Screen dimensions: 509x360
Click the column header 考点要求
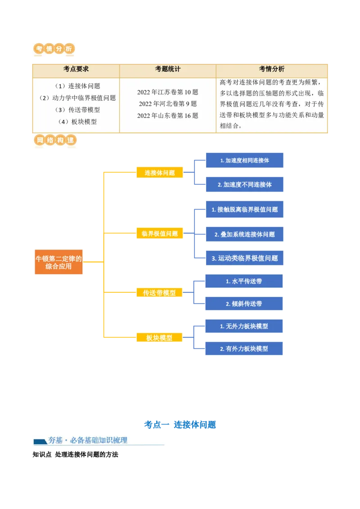point(76,69)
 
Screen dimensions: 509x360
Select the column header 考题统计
point(168,69)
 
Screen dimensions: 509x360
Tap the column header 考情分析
point(271,69)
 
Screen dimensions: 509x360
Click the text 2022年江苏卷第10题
point(167,92)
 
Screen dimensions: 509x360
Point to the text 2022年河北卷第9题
point(167,104)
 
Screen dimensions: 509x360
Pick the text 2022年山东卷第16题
point(167,116)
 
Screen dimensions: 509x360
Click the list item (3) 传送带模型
point(77,110)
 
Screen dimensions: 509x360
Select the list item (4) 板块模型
point(77,121)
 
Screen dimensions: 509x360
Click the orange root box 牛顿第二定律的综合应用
point(59,262)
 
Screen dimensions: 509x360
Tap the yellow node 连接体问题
point(159,173)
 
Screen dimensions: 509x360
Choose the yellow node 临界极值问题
point(159,233)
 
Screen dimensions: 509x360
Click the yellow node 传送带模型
point(159,293)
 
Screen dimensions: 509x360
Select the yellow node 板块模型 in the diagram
point(159,338)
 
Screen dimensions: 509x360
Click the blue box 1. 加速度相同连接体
point(244,161)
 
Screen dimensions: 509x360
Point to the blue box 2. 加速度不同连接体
point(244,184)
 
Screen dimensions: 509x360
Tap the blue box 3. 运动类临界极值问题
point(244,258)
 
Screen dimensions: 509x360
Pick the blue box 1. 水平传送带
point(244,281)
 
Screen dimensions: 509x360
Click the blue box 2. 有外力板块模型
point(244,348)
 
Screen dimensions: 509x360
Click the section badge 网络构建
point(55,140)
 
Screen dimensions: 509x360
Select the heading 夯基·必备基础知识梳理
point(88,440)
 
